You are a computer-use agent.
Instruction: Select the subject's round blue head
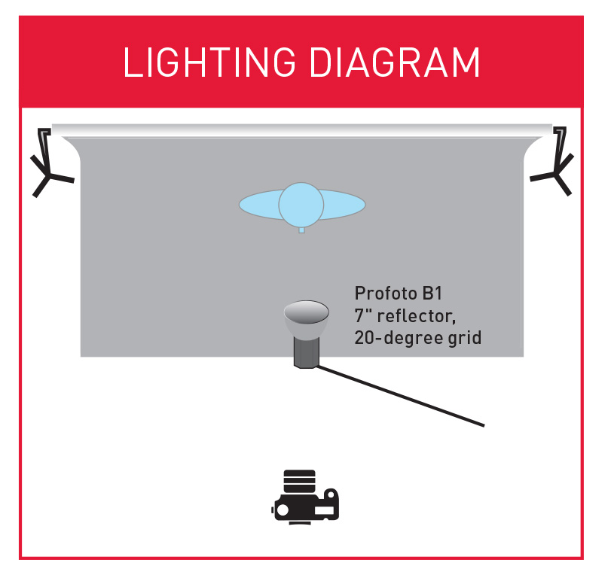click(301, 204)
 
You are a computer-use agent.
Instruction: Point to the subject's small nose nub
click(301, 230)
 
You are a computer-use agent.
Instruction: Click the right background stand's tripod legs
click(555, 175)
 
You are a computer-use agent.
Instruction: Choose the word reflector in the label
click(418, 315)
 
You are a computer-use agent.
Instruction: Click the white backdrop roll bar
click(301, 129)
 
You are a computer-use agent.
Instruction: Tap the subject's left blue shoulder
click(259, 204)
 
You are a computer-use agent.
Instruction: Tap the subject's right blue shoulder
click(345, 204)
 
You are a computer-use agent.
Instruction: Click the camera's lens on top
click(300, 480)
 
